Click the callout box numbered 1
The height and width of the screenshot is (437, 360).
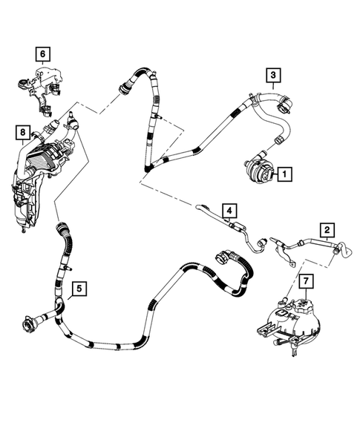tap(285, 174)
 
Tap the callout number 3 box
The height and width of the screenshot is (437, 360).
tap(273, 75)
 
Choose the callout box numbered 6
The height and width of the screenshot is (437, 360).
tap(42, 53)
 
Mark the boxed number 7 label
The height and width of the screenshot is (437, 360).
tap(304, 281)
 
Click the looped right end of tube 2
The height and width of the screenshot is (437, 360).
tap(339, 252)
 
